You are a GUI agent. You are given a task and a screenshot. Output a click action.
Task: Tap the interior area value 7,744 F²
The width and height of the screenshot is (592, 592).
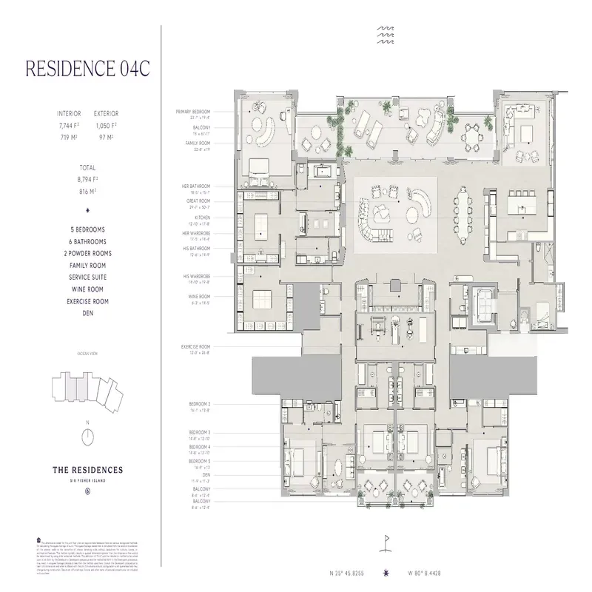(69, 127)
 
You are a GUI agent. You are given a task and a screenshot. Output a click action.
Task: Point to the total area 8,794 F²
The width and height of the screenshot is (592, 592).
(87, 179)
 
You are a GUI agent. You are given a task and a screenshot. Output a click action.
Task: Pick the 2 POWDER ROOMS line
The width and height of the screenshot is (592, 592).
(87, 253)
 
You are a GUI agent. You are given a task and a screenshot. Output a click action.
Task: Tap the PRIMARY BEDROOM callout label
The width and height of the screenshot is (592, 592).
(195, 112)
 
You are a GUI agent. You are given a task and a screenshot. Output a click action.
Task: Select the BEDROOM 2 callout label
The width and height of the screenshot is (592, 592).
(199, 404)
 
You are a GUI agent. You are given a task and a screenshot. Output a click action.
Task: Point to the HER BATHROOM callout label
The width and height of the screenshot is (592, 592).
(196, 185)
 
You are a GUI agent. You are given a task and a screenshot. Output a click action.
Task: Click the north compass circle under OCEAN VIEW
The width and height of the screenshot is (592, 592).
(87, 437)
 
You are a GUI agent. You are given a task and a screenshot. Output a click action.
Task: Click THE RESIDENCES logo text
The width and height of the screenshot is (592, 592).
(87, 470)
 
